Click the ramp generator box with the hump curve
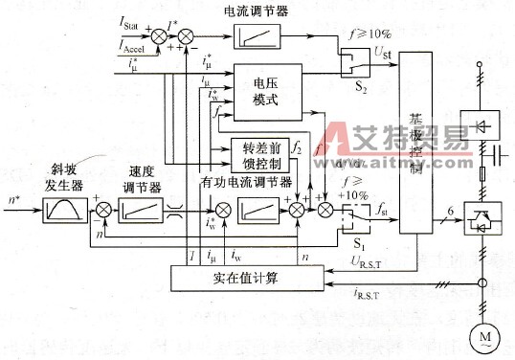tap(64, 206)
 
